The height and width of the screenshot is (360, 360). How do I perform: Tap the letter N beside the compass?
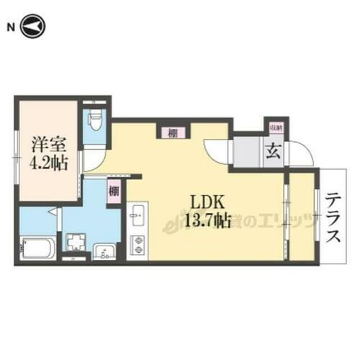tap(11, 27)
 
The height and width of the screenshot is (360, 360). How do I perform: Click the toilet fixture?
tap(92, 120)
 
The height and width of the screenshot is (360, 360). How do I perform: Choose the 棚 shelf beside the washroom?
tap(114, 192)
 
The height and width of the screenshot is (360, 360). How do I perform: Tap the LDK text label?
tap(204, 202)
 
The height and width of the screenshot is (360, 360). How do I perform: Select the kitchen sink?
tap(137, 216)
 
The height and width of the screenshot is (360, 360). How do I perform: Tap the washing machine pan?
tap(75, 243)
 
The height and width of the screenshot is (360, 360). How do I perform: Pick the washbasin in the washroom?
tap(105, 251)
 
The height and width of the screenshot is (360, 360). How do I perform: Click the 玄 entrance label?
tap(275, 153)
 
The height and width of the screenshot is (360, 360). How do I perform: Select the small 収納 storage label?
tap(275, 127)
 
